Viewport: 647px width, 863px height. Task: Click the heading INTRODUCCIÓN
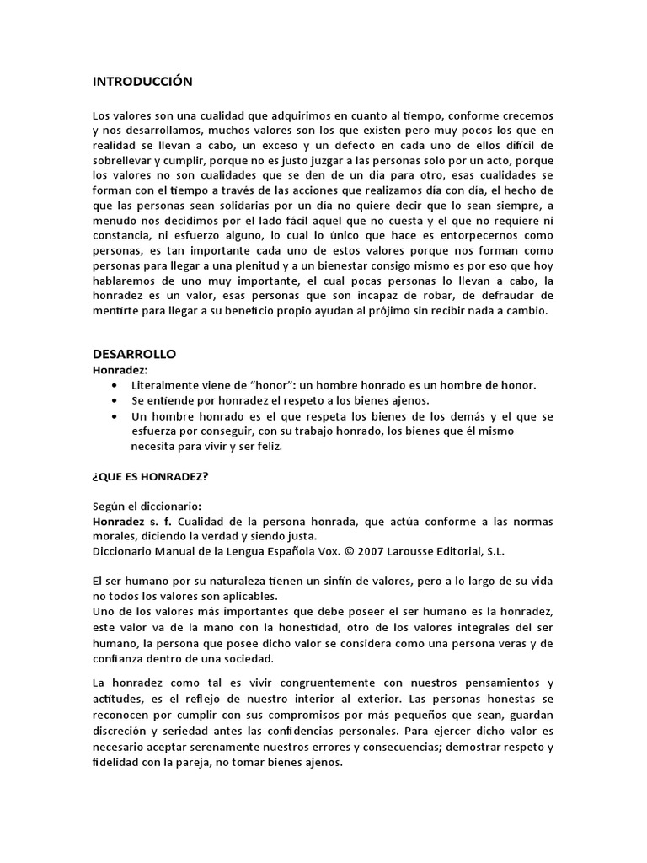142,82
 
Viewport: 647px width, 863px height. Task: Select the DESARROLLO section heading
134,354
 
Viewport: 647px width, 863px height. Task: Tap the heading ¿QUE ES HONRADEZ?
151,476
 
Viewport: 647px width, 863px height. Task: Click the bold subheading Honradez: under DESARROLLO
120,369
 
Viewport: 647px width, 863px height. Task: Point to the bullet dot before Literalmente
114,385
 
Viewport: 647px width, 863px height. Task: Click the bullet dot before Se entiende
114,400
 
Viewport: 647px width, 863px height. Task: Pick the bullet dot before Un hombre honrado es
114,416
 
